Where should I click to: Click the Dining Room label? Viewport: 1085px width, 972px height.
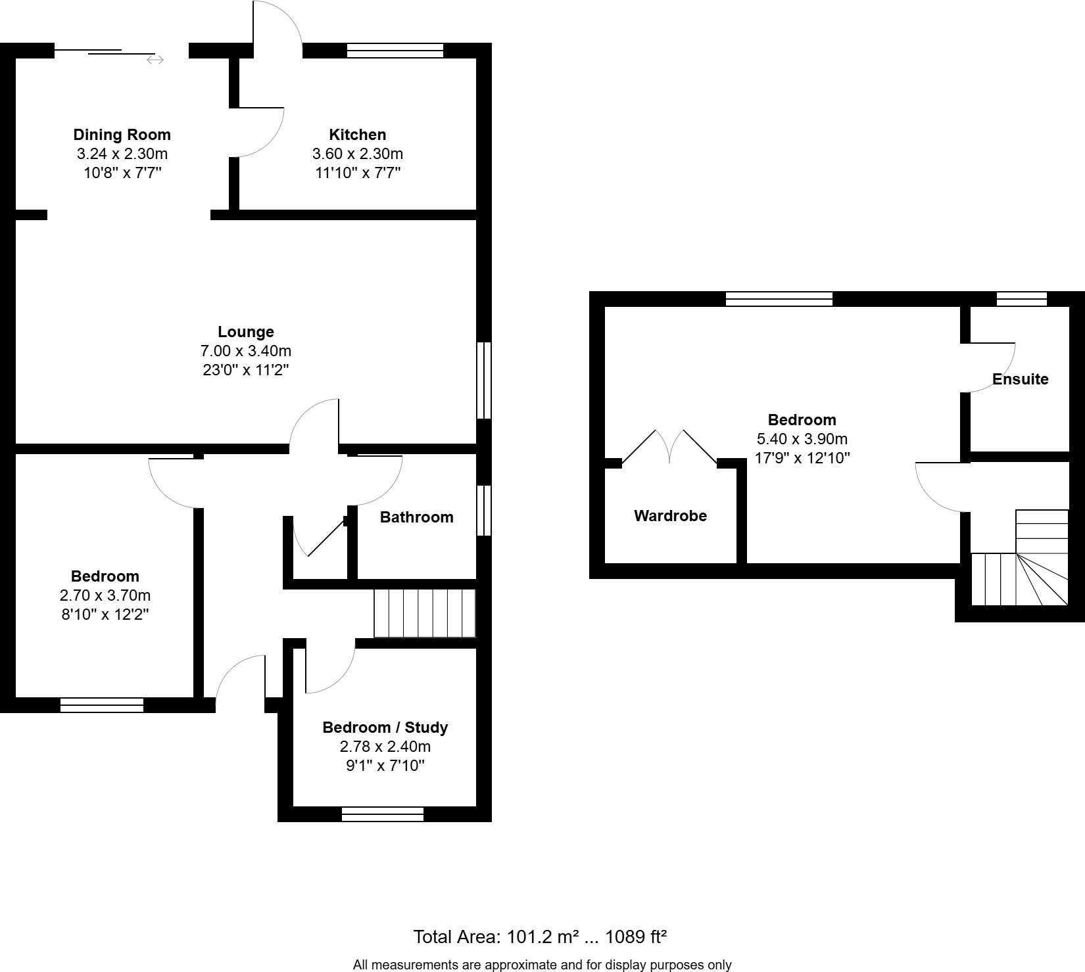point(122,135)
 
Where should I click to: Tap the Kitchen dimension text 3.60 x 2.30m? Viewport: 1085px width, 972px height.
point(357,154)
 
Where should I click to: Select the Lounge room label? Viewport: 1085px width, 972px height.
point(246,332)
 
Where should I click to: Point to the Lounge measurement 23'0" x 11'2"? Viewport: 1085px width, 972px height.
point(246,370)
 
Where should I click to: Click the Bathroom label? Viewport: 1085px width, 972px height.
point(416,517)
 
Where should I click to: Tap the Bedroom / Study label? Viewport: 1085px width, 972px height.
point(385,728)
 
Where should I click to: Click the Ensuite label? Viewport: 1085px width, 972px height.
point(1020,379)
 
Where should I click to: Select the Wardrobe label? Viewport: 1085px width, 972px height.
point(670,516)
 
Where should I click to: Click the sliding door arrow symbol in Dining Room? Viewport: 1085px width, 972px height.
point(155,60)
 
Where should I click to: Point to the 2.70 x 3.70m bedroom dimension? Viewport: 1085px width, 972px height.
point(105,595)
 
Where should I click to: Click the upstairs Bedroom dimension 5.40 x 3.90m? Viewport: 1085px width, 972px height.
point(802,439)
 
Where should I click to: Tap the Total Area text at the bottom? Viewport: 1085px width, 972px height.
point(540,937)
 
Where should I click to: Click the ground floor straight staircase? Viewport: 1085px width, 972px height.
point(424,613)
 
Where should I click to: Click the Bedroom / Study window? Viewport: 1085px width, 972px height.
point(383,814)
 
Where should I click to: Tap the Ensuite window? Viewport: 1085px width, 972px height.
point(1021,299)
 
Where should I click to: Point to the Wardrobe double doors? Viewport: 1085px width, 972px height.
point(669,447)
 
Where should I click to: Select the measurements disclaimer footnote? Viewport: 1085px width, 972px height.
point(542,965)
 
